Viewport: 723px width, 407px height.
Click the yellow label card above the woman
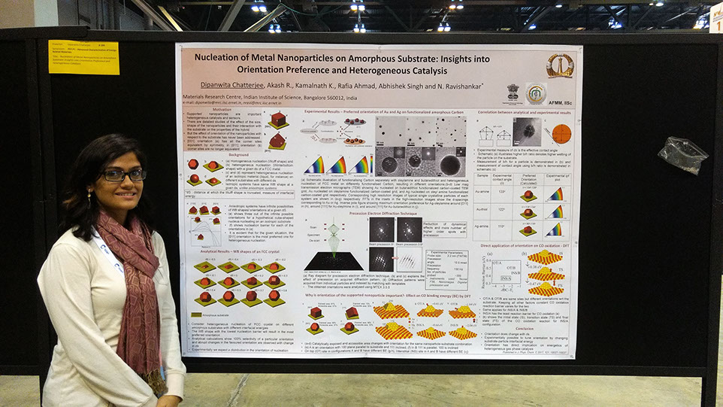83,57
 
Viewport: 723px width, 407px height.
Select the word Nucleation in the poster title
220,57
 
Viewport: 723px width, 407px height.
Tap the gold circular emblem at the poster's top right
559,65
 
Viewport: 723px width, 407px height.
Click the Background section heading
233,153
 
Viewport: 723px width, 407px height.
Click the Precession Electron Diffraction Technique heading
374,213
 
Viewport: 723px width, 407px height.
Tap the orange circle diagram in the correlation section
561,133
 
